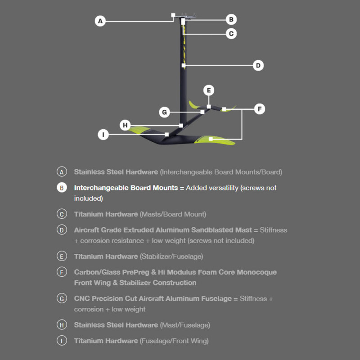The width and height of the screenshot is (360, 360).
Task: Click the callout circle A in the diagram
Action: pos(100,21)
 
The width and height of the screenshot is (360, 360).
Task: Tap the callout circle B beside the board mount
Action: pos(231,19)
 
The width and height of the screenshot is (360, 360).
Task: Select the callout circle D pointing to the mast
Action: pos(258,65)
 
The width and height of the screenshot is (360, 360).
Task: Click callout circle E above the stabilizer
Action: pos(209,90)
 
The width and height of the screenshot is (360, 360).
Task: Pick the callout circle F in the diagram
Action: pos(260,109)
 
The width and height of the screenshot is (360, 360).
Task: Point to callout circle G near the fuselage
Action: pos(164,112)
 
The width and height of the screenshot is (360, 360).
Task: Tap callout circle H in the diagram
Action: pos(125,125)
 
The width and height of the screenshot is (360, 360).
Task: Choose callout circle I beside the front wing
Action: pos(103,135)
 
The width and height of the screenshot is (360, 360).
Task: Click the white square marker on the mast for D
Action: pos(184,65)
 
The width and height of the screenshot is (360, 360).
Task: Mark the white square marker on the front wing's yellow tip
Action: pos(211,139)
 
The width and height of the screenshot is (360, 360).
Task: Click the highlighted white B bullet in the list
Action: pos(62,188)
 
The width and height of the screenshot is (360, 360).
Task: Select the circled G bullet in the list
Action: pos(62,298)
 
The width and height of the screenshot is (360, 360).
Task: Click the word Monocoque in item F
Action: pos(256,272)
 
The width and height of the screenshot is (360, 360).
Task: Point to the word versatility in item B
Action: pos(212,188)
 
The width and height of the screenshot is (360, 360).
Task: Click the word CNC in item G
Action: pos(82,298)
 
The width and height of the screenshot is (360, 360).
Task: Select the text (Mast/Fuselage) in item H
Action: pos(185,325)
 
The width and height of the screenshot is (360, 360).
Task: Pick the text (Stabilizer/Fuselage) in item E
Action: pos(171,256)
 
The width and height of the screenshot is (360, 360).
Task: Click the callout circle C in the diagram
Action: pos(231,34)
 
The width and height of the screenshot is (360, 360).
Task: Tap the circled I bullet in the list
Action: pos(62,341)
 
